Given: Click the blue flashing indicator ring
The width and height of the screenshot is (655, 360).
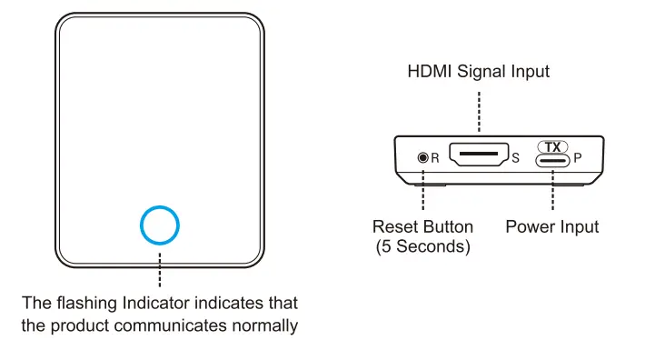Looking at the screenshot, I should coord(160,224).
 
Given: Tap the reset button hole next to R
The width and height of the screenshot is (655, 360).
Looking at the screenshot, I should coord(422,157).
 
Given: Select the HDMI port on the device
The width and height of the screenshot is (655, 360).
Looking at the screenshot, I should coord(479,157).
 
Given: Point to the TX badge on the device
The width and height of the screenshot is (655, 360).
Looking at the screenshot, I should coord(552,145).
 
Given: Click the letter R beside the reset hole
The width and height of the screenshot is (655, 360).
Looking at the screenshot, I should coord(435,158).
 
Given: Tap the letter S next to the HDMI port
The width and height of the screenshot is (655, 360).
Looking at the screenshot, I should coord(515,158).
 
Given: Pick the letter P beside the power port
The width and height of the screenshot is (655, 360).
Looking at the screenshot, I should coord(578,158).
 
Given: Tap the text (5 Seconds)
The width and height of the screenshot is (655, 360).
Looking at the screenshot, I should coord(423,246).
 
